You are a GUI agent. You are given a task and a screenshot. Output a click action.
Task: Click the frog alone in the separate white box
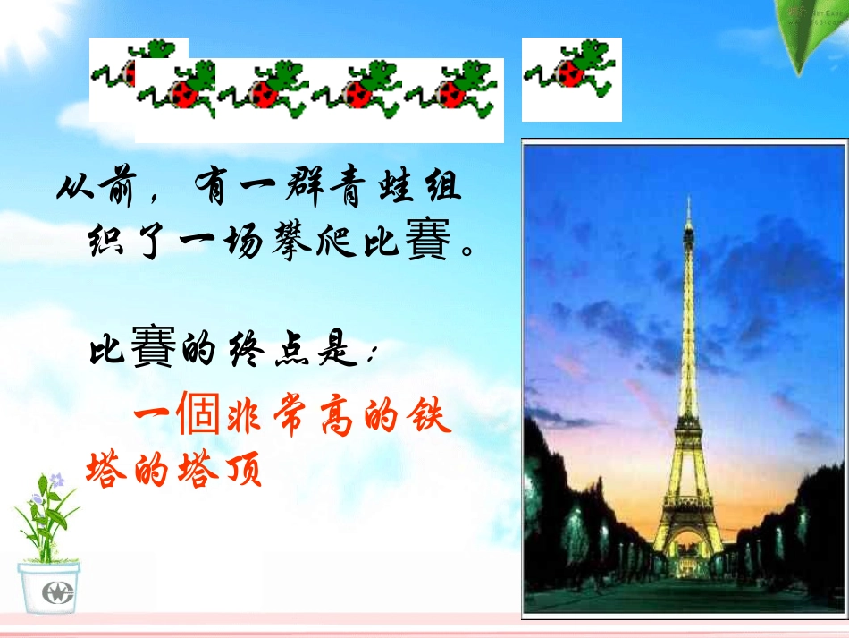click(571, 70)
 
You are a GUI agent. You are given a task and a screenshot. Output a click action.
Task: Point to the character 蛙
click(398, 185)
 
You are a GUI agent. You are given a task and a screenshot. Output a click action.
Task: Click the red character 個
click(198, 413)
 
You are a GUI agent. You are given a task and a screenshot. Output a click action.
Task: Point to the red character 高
click(336, 416)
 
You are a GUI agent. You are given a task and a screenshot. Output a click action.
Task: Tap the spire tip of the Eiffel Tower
click(689, 198)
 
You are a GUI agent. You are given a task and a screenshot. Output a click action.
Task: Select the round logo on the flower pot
click(57, 591)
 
